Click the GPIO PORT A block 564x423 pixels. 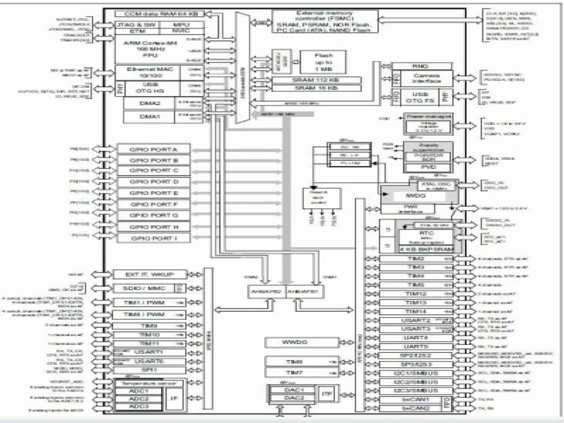(154, 150)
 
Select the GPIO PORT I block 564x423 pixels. (154, 238)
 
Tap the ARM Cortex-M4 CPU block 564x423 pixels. (150, 49)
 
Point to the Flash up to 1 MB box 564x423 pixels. (323, 62)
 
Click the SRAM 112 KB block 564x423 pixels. (316, 80)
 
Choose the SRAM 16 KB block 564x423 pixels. (316, 88)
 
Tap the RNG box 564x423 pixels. (422, 66)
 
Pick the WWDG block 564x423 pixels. (301, 343)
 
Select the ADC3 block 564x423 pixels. (139, 406)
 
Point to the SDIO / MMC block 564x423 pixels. (144, 288)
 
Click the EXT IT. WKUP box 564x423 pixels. (150, 274)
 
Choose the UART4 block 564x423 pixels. (416, 338)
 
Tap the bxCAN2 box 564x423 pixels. (410, 408)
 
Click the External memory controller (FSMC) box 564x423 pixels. (325, 21)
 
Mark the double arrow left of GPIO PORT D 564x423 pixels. (104, 181)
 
